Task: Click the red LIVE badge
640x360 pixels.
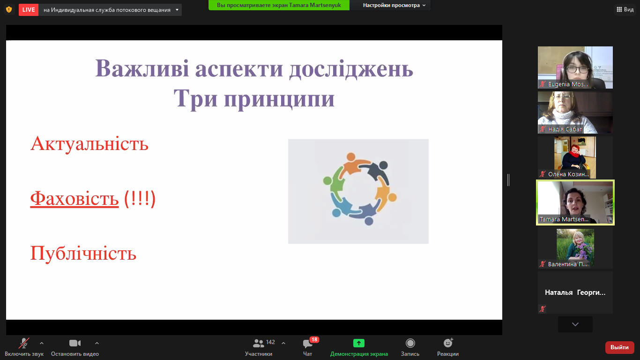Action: click(29, 9)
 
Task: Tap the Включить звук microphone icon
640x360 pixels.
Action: click(23, 343)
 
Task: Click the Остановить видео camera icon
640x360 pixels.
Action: click(75, 343)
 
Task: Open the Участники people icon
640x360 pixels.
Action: click(258, 343)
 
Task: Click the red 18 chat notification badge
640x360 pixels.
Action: click(314, 339)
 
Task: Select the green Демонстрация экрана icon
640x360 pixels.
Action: click(359, 343)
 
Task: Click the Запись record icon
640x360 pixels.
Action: click(410, 343)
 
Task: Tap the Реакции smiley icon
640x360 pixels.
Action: click(448, 343)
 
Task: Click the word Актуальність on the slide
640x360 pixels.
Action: click(89, 143)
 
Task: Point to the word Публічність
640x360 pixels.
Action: click(83, 254)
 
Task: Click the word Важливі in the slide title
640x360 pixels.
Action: click(142, 69)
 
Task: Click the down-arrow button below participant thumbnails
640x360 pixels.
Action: click(575, 324)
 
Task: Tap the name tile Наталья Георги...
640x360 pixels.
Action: click(575, 292)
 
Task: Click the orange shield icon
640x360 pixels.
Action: click(9, 9)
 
